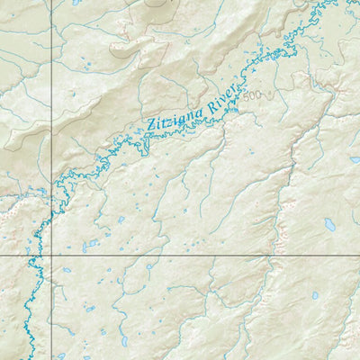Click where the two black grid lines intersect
click(50, 256)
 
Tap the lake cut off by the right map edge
click(355, 159)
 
